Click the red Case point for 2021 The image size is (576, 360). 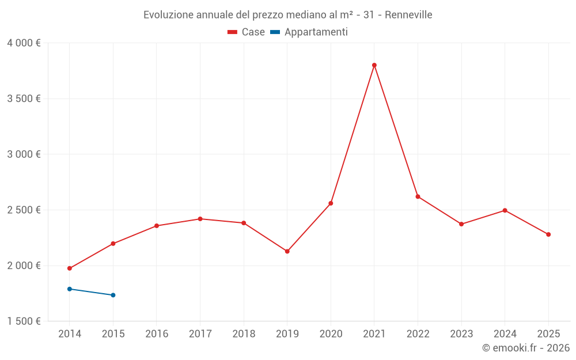point(374,65)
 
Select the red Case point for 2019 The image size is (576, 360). point(287,251)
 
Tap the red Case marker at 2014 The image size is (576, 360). point(70,268)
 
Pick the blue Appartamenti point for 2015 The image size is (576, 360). point(113,295)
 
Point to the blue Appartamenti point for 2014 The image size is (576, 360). point(70,289)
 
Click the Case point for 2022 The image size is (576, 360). point(418,196)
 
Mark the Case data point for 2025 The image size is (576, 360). point(548,234)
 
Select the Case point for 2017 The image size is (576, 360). point(200,219)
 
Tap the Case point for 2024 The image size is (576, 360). point(505,210)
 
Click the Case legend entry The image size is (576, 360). point(247,32)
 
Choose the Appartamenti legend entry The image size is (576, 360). point(309,32)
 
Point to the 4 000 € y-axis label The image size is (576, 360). point(24,43)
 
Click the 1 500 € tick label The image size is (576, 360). point(24,321)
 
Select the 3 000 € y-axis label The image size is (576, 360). point(24,154)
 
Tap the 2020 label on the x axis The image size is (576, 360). point(331,334)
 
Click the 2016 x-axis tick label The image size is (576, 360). point(157,334)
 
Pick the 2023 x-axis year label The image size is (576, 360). point(461,334)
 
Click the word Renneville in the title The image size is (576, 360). point(408,15)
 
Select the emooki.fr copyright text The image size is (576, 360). point(526,348)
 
